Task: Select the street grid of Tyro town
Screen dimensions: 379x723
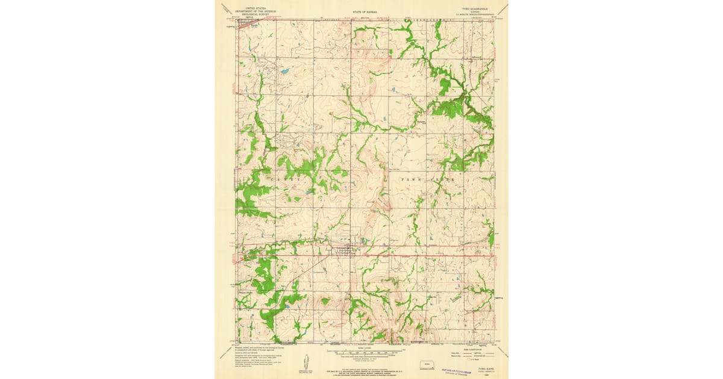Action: tap(348, 248)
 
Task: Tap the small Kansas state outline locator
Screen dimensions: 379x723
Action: tap(426, 364)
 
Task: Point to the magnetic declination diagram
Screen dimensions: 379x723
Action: tap(305, 362)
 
